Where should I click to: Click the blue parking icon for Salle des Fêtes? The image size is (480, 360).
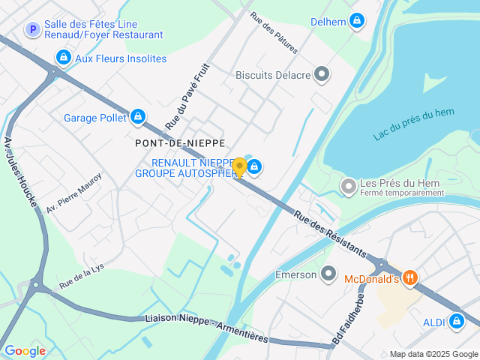coord(32,29)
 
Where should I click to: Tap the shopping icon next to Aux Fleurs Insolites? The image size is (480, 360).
coord(64,58)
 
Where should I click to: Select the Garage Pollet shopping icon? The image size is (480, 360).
coord(137,117)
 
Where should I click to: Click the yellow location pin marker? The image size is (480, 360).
coord(239,167)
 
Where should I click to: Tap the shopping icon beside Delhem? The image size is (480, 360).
coord(357,21)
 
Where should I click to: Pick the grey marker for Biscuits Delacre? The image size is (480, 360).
coord(322,74)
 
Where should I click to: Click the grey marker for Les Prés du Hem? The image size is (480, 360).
coord(348,185)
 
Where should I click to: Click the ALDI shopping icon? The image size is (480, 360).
coord(456,322)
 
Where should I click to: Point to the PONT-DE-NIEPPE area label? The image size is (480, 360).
coord(180,142)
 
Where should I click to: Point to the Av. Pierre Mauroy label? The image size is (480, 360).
coord(73,193)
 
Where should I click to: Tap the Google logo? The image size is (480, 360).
coord(25,350)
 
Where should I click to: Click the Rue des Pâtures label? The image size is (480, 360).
coord(274,32)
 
